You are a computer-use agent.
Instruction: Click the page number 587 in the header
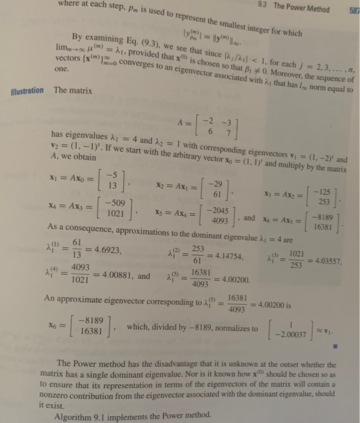(353, 10)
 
